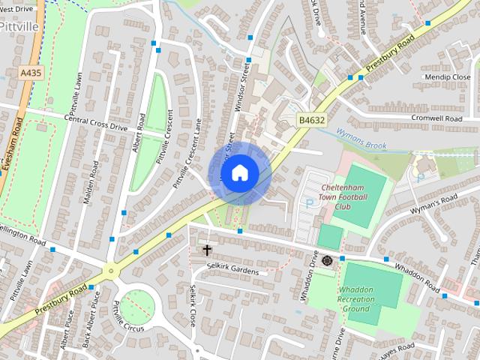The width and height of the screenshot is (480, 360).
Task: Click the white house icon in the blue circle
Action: click(x=239, y=172)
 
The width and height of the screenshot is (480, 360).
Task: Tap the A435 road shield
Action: click(x=31, y=73)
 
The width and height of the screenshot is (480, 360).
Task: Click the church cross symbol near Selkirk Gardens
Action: click(x=207, y=249)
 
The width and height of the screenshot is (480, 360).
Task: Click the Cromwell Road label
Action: click(x=436, y=118)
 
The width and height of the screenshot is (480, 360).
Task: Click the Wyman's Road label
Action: click(x=433, y=204)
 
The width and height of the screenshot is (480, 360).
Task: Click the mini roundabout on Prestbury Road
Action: click(x=111, y=271)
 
